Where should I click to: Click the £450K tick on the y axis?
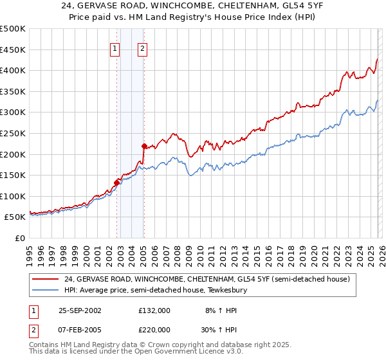coord(13,50)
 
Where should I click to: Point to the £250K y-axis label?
coord(13,133)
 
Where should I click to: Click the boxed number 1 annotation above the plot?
coord(115,47)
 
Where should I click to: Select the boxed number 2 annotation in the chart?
coord(142,47)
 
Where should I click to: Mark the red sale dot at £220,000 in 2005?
coord(143,145)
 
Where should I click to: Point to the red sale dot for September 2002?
coord(116,183)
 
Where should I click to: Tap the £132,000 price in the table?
coord(154,310)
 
